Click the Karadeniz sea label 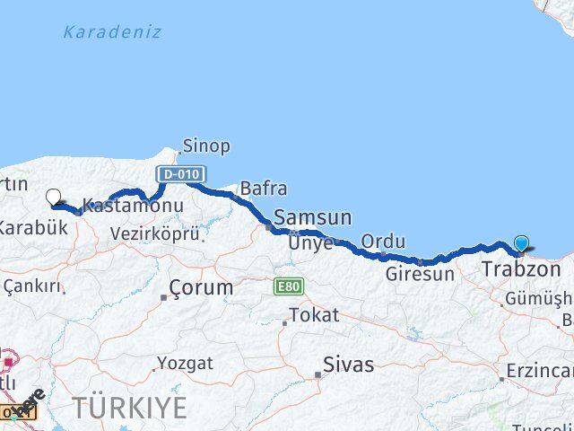tap(112, 32)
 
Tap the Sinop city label tap(206, 145)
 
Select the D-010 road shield tap(180, 173)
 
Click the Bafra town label tap(263, 189)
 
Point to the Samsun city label tap(312, 217)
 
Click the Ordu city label tap(383, 242)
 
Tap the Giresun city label tap(420, 274)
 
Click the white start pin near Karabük tap(53, 198)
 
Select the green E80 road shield tap(290, 286)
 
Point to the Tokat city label tap(314, 315)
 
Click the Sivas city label tap(348, 365)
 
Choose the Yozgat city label tap(185, 364)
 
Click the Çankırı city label tap(32, 286)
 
